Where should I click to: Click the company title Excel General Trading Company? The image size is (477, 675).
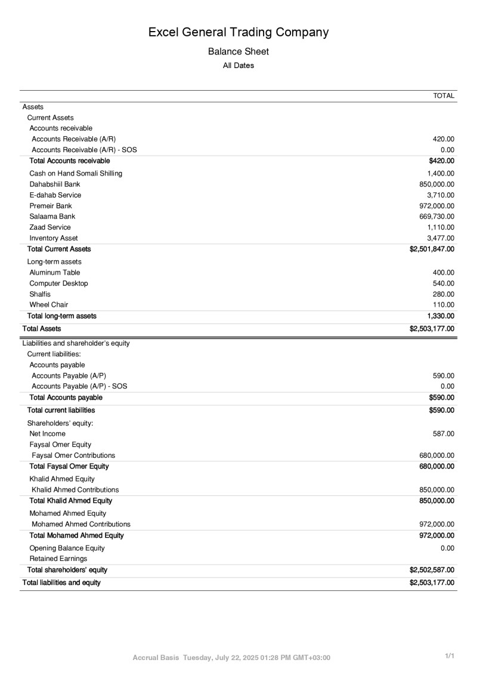(x=238, y=32)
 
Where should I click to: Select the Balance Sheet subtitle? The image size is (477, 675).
(x=238, y=52)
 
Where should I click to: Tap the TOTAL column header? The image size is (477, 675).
(x=444, y=96)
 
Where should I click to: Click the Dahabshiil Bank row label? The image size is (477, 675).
(x=55, y=184)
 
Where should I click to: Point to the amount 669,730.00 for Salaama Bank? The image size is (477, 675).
(x=437, y=217)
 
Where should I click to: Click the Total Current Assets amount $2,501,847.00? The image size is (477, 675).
(x=432, y=249)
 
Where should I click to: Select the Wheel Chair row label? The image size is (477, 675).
(x=49, y=305)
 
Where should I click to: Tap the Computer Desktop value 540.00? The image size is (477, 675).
(x=444, y=283)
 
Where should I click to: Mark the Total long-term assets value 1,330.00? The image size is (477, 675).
(x=441, y=316)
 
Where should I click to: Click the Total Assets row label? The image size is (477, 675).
(x=42, y=329)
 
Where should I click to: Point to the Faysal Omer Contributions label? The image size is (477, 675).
(x=73, y=455)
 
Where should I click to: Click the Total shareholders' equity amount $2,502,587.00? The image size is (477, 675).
(x=432, y=570)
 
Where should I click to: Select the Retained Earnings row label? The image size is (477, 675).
(x=58, y=559)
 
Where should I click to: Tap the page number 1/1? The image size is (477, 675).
(x=450, y=656)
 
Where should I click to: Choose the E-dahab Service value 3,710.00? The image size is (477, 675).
(x=441, y=195)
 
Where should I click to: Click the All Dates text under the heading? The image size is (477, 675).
(x=238, y=66)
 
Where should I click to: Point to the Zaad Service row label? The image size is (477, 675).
(x=50, y=227)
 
